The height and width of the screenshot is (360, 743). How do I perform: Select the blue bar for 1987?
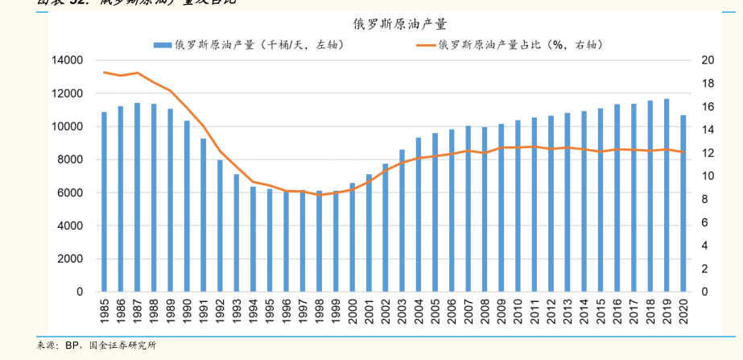137,197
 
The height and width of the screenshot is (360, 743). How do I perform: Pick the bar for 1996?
286,241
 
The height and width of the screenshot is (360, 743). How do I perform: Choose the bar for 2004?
419,214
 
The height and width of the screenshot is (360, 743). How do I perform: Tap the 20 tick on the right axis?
708,60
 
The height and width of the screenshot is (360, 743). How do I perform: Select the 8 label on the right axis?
704,199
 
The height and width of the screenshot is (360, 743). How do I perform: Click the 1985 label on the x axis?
105,311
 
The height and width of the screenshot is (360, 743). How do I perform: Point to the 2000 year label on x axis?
353,311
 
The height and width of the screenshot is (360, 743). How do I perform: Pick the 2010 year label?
518,311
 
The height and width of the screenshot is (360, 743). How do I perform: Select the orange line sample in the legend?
426,45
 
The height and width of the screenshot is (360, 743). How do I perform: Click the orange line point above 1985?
104,72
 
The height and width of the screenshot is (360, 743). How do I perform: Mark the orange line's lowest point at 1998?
319,196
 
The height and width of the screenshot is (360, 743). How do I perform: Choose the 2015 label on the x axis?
601,311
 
